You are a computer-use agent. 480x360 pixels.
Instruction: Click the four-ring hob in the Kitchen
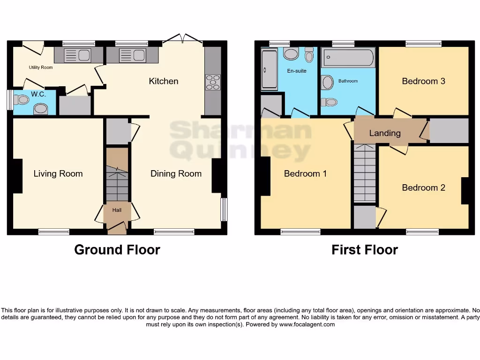click(x=213, y=82)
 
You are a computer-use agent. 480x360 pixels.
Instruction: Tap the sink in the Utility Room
click(x=78, y=55)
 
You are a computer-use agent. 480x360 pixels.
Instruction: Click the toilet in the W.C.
click(x=22, y=99)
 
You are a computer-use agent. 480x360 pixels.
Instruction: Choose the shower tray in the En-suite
click(x=269, y=69)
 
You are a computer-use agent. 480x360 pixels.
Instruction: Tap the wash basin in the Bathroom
click(x=327, y=82)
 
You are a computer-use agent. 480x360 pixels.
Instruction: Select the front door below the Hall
click(x=117, y=228)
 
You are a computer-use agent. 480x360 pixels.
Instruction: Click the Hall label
click(x=117, y=210)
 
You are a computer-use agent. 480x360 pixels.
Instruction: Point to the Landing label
click(x=385, y=133)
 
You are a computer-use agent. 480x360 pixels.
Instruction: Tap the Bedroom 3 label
click(x=423, y=81)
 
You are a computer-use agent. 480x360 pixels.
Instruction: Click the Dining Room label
click(x=176, y=174)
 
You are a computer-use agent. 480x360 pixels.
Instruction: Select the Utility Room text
click(x=41, y=67)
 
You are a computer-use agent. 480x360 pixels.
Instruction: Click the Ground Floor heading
click(x=117, y=250)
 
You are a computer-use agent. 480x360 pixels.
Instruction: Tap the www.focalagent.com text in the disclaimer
click(x=307, y=324)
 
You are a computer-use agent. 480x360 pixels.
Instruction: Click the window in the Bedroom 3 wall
click(x=423, y=44)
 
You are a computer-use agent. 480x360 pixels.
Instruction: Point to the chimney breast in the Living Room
click(x=17, y=176)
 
